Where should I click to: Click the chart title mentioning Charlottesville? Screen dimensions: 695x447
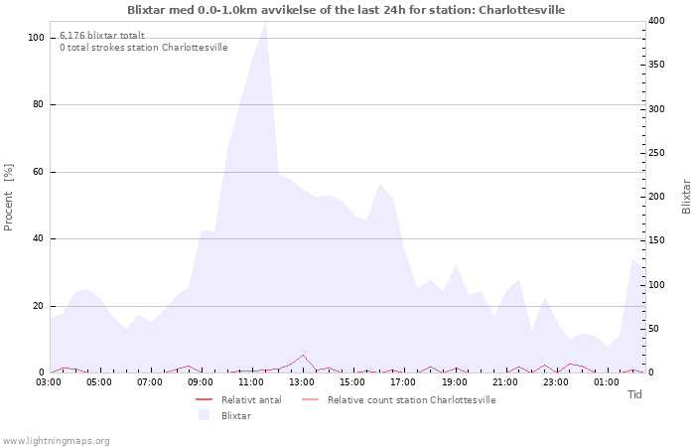click(347, 10)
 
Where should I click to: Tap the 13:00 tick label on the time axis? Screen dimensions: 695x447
click(302, 382)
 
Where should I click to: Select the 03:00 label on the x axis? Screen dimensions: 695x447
click(49, 382)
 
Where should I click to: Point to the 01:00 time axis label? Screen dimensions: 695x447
click(607, 382)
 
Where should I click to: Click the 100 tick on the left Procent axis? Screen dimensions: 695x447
click(36, 38)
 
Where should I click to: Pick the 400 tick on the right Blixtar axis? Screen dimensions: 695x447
click(656, 21)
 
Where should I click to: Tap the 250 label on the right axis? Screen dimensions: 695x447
click(656, 153)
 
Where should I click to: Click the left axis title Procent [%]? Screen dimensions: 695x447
click(8, 198)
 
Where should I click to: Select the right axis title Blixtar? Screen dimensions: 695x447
click(686, 197)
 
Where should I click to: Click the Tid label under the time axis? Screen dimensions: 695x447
click(634, 394)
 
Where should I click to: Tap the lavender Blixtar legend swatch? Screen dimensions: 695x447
click(204, 415)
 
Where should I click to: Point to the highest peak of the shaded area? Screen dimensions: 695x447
click(265, 22)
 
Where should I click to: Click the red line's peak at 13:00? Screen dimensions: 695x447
click(303, 355)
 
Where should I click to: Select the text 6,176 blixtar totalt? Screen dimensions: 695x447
click(102, 36)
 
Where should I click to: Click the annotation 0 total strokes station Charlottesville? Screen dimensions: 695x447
click(144, 48)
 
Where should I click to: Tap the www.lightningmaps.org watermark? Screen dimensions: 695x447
click(55, 441)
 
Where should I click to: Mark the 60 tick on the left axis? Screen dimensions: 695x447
click(39, 172)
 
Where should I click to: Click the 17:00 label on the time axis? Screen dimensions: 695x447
click(403, 382)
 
